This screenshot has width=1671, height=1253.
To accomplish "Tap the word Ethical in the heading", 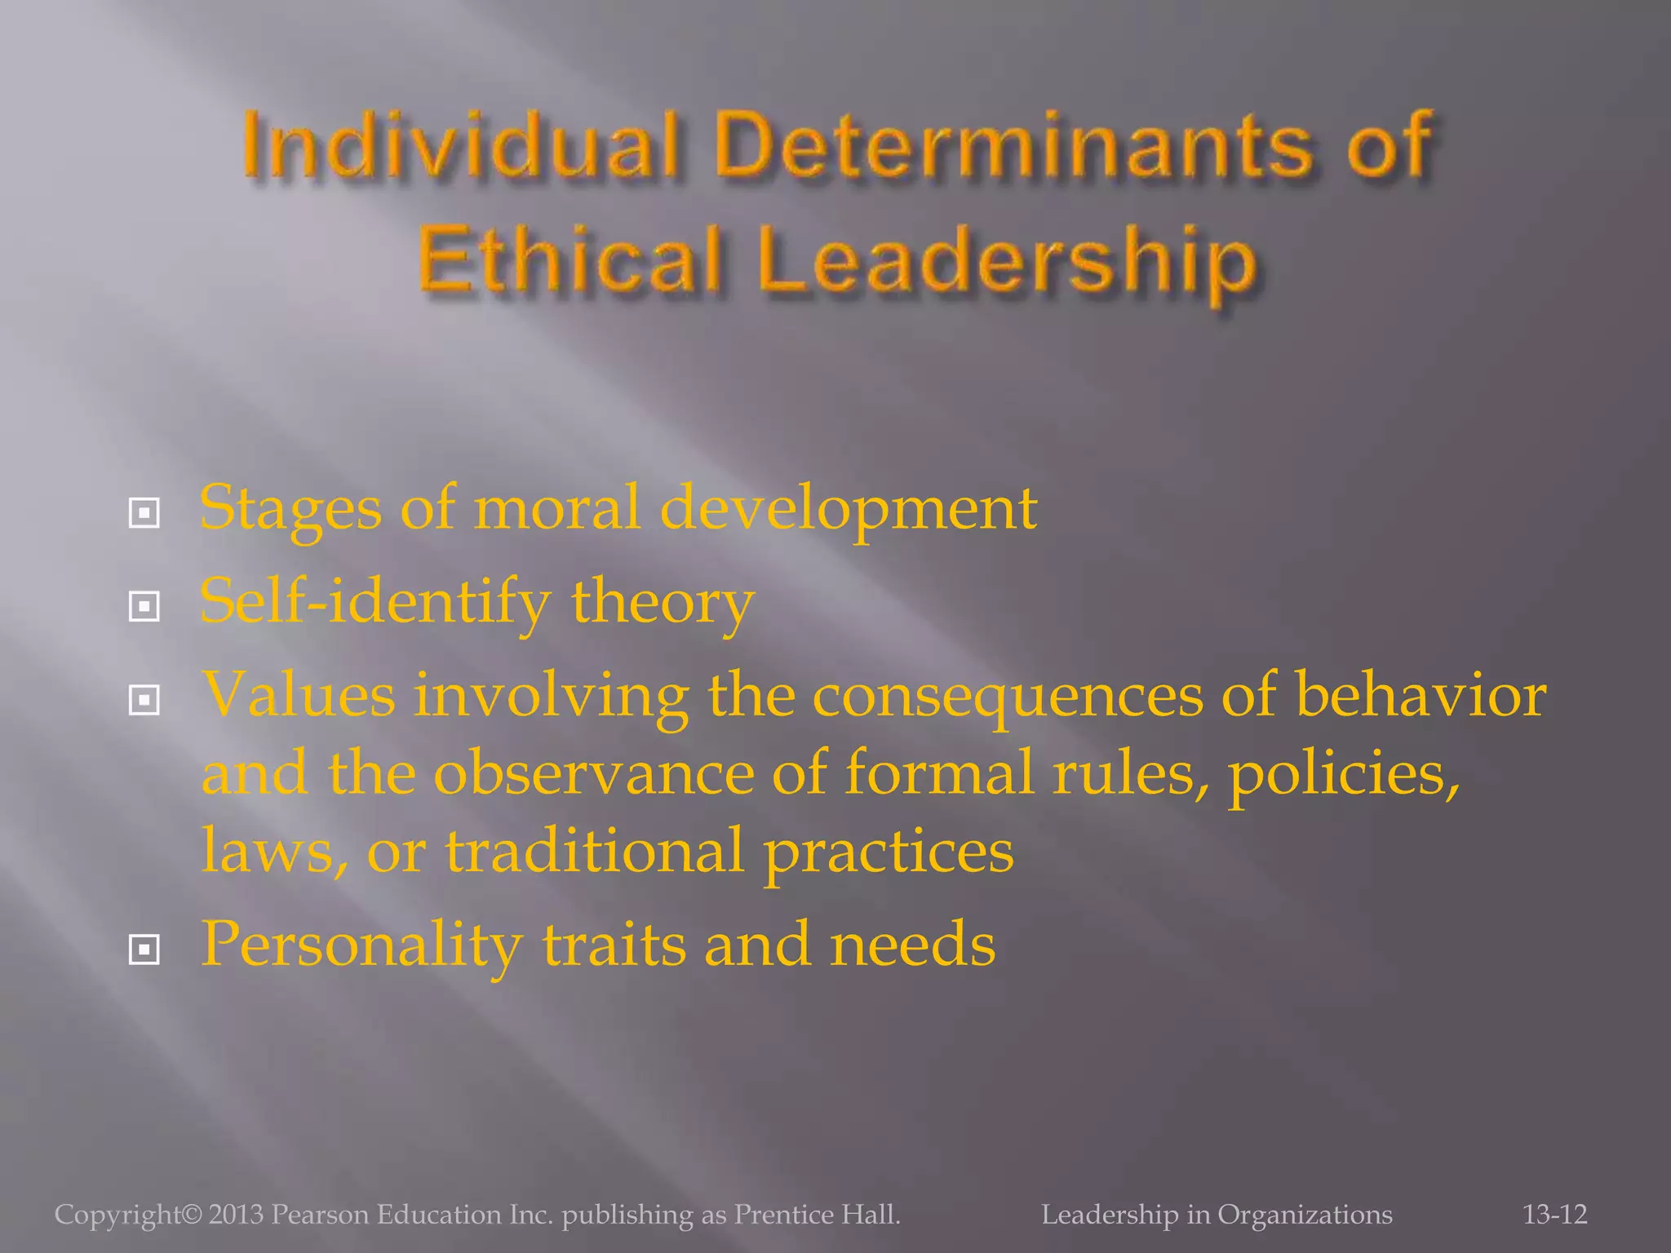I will [570, 259].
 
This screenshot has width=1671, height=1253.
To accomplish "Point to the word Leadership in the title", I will [1007, 259].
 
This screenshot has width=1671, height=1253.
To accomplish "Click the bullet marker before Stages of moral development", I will [144, 513].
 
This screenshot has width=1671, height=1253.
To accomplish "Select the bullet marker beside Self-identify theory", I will [144, 606].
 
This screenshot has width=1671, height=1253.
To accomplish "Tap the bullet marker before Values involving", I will [144, 700].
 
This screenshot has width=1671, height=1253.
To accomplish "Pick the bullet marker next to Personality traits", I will [144, 950].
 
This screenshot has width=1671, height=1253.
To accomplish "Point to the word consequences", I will [1007, 697].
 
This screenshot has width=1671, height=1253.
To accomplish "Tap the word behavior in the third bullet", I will [1421, 695].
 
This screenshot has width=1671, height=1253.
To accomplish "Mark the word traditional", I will [595, 850].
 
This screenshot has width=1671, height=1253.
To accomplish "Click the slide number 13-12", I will [1554, 1215].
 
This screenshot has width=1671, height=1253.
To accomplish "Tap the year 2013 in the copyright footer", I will [236, 1215].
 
